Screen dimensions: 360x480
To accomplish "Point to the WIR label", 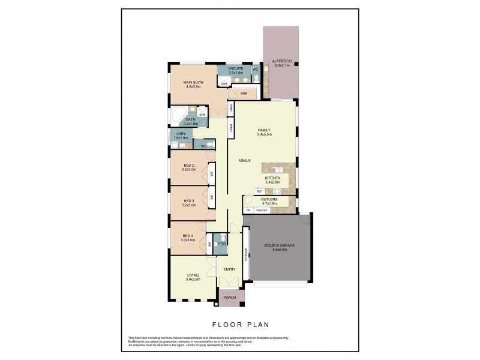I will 244,94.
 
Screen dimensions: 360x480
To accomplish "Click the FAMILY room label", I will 265,130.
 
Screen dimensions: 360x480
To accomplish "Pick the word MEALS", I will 245,161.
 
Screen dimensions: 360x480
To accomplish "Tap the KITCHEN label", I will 272,178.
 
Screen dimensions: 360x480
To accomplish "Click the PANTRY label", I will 262,210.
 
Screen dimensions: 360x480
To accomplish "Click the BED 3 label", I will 188,201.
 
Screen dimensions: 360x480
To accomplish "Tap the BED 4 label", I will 188,236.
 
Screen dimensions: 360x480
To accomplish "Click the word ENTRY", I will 229,269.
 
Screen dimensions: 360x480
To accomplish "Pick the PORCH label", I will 229,298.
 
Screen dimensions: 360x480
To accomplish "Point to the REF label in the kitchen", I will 260,191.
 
